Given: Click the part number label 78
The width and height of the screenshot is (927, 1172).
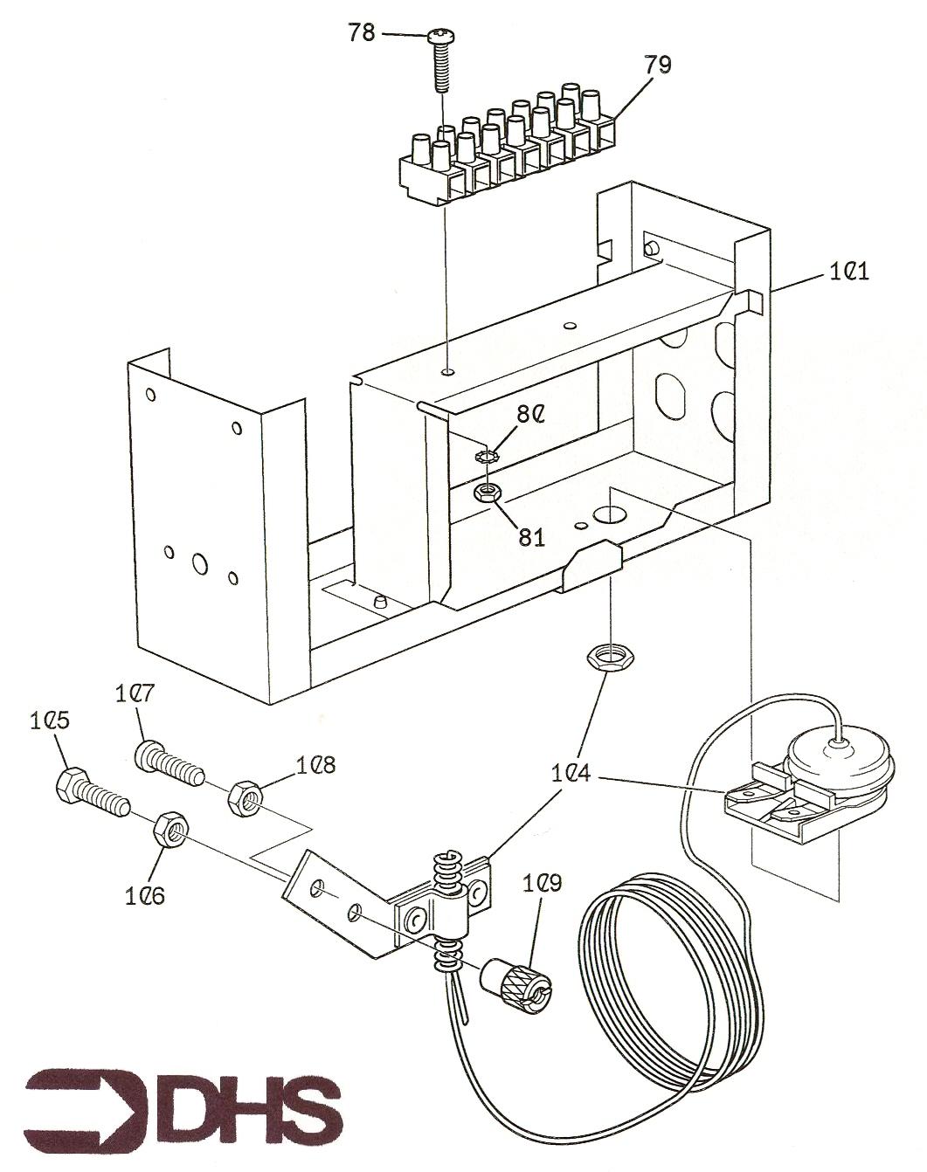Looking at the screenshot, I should pyautogui.click(x=362, y=32).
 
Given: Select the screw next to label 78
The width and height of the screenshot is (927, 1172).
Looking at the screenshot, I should pyautogui.click(x=439, y=61).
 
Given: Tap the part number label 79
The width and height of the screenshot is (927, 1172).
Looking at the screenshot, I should pyautogui.click(x=658, y=64).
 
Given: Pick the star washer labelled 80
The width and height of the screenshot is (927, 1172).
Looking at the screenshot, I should pyautogui.click(x=487, y=456).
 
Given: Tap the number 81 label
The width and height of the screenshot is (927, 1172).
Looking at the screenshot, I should pyautogui.click(x=531, y=537).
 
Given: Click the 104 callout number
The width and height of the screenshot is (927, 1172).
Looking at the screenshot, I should pyautogui.click(x=571, y=773).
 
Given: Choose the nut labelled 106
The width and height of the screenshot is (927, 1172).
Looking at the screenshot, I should pyautogui.click(x=169, y=830).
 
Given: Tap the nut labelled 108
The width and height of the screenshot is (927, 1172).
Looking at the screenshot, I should pyautogui.click(x=244, y=797).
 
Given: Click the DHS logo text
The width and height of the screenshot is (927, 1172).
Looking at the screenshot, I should pyautogui.click(x=253, y=1104).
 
